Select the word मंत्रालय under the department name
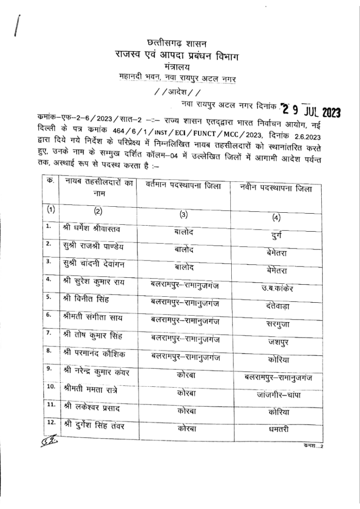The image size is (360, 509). coord(180,67)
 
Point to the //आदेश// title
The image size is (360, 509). coord(179,92)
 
